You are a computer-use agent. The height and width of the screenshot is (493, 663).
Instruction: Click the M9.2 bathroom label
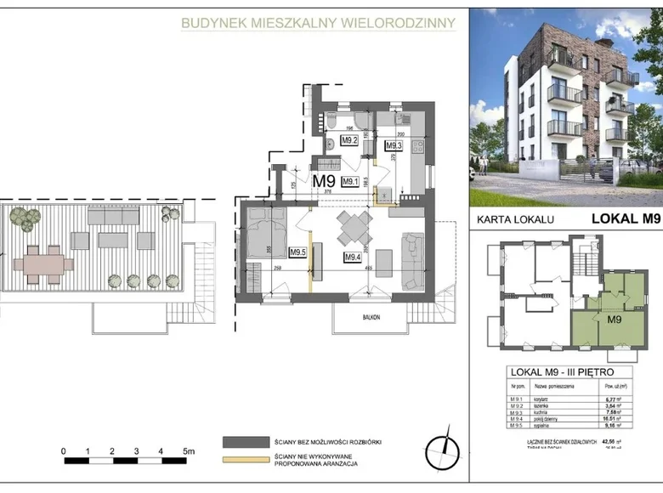(348, 141)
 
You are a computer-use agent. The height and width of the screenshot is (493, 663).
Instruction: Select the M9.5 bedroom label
(297, 252)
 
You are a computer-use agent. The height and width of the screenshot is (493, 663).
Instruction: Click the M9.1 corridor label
(348, 181)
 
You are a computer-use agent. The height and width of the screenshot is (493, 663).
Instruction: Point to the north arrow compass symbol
(441, 450)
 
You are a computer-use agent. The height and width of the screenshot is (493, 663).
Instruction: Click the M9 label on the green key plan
(616, 319)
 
